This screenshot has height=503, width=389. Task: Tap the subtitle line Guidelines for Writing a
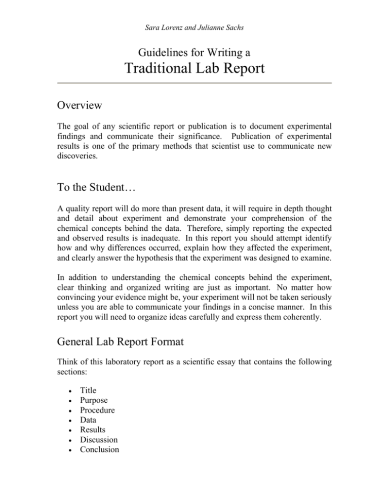coord(194,51)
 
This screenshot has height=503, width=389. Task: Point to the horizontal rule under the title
coord(194,83)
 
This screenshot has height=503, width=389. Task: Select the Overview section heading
coord(80,106)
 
